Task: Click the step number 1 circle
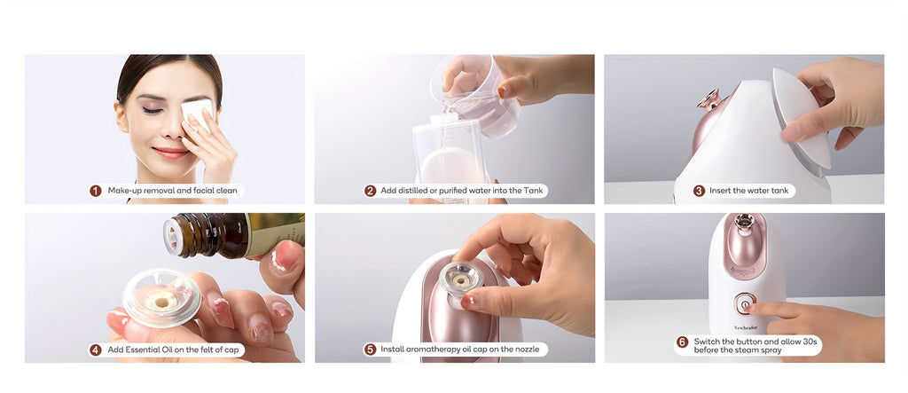(96, 191)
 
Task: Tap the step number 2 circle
(370, 191)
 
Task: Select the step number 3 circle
(699, 191)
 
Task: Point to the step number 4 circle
(96, 350)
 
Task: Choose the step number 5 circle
(370, 350)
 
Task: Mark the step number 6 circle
(683, 342)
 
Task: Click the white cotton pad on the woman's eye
(198, 113)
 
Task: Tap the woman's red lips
(171, 153)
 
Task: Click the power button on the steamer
(744, 303)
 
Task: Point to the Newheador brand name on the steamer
(745, 327)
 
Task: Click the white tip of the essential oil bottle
(172, 236)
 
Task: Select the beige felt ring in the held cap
(161, 300)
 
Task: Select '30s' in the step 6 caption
(809, 342)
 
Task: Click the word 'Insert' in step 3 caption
(721, 191)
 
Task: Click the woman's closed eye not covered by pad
(153, 109)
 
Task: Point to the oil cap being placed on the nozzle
(461, 279)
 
